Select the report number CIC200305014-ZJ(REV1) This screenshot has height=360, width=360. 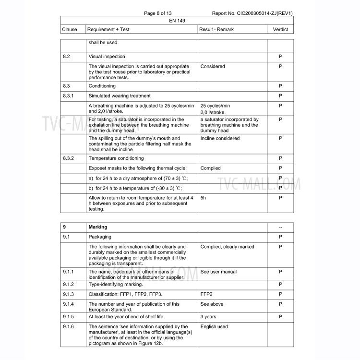252,13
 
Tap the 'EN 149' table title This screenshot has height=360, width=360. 177,21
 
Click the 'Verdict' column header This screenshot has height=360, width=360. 280,30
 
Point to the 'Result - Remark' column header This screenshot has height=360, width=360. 217,30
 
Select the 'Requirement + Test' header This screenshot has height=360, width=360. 109,30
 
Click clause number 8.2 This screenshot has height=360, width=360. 67,57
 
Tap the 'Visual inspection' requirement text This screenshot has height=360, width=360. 107,57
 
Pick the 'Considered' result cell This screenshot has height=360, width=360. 213,66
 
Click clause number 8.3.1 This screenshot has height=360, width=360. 68,96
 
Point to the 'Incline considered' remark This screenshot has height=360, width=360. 220,138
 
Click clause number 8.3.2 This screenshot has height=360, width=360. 68,158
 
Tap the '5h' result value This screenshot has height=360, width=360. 204,197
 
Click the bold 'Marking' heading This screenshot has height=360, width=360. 98,227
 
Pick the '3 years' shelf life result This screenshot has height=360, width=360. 209,317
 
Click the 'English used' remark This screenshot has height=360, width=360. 214,327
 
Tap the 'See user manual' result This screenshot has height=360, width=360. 218,272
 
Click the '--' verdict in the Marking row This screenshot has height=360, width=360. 280,227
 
